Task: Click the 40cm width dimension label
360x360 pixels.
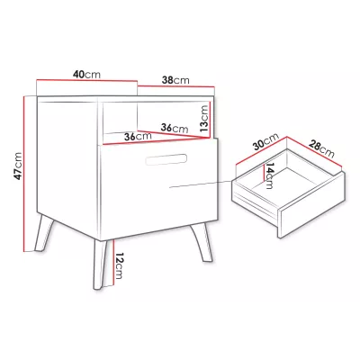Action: pyautogui.click(x=86, y=75)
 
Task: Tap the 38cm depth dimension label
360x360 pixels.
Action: pyautogui.click(x=175, y=80)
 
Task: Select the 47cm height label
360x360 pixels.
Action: pyautogui.click(x=18, y=166)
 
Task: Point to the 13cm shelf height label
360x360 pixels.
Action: pyautogui.click(x=204, y=119)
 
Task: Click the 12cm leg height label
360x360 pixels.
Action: pyautogui.click(x=119, y=266)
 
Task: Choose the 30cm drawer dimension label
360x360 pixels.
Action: pyautogui.click(x=266, y=141)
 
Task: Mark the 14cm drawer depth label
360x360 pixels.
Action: pyautogui.click(x=269, y=175)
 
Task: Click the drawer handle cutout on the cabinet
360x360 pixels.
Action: pyautogui.click(x=166, y=159)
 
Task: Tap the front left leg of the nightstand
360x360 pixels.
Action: pyautogui.click(x=44, y=233)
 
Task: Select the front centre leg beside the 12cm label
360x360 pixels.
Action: pyautogui.click(x=101, y=265)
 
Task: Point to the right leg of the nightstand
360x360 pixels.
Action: pyautogui.click(x=202, y=242)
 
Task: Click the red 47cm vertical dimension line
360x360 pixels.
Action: pyautogui.click(x=23, y=174)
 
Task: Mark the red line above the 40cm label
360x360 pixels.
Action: pyautogui.click(x=86, y=80)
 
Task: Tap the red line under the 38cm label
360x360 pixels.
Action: pyautogui.click(x=176, y=86)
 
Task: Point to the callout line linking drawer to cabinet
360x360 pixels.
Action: pyautogui.click(x=201, y=184)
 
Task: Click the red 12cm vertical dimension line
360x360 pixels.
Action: pyautogui.click(x=114, y=263)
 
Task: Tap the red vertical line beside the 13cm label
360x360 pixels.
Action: pyautogui.click(x=210, y=120)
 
